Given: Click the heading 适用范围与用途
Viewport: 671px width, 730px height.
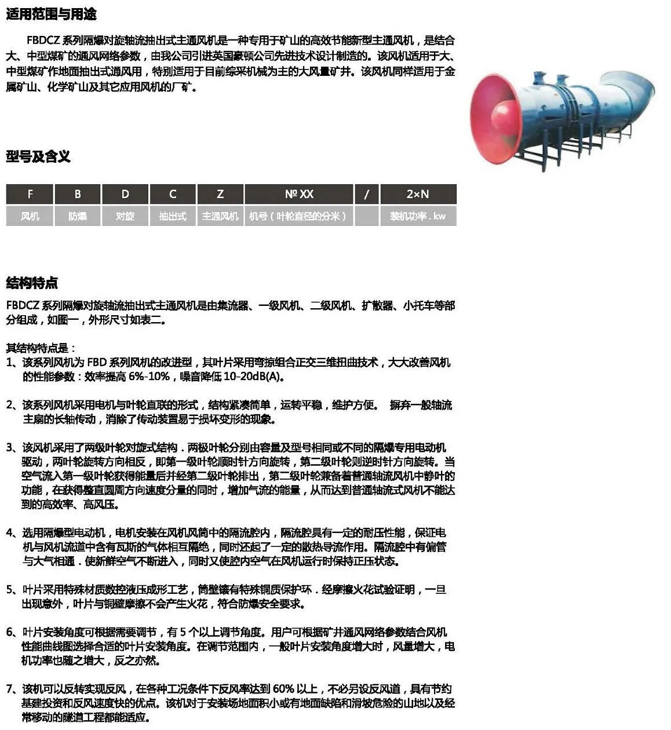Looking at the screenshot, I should click(51, 14).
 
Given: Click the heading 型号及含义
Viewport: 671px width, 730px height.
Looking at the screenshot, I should click(38, 156).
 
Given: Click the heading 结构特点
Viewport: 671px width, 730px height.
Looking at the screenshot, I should click(32, 283).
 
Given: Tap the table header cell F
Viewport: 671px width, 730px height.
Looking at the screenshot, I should click(30, 194).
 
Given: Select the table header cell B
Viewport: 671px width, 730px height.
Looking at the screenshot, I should click(77, 194).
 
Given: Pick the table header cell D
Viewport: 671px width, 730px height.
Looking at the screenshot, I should click(125, 194).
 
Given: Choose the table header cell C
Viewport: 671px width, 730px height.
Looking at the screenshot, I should click(173, 194).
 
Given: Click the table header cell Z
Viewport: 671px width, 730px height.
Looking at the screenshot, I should click(220, 194).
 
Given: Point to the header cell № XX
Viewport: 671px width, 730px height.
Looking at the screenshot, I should click(299, 194).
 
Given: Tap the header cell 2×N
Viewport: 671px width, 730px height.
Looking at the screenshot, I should click(417, 194).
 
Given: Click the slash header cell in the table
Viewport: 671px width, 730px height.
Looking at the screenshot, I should click(366, 194).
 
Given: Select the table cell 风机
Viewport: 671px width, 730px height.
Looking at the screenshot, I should click(30, 216).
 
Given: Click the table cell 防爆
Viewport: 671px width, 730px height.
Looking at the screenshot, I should click(77, 216).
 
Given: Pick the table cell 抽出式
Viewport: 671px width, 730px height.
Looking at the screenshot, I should click(173, 216).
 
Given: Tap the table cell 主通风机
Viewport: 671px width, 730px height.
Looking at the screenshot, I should click(220, 216).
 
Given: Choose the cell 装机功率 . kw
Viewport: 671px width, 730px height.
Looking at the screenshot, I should click(417, 216).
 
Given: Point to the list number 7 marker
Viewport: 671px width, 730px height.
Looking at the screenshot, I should click(10, 689).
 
